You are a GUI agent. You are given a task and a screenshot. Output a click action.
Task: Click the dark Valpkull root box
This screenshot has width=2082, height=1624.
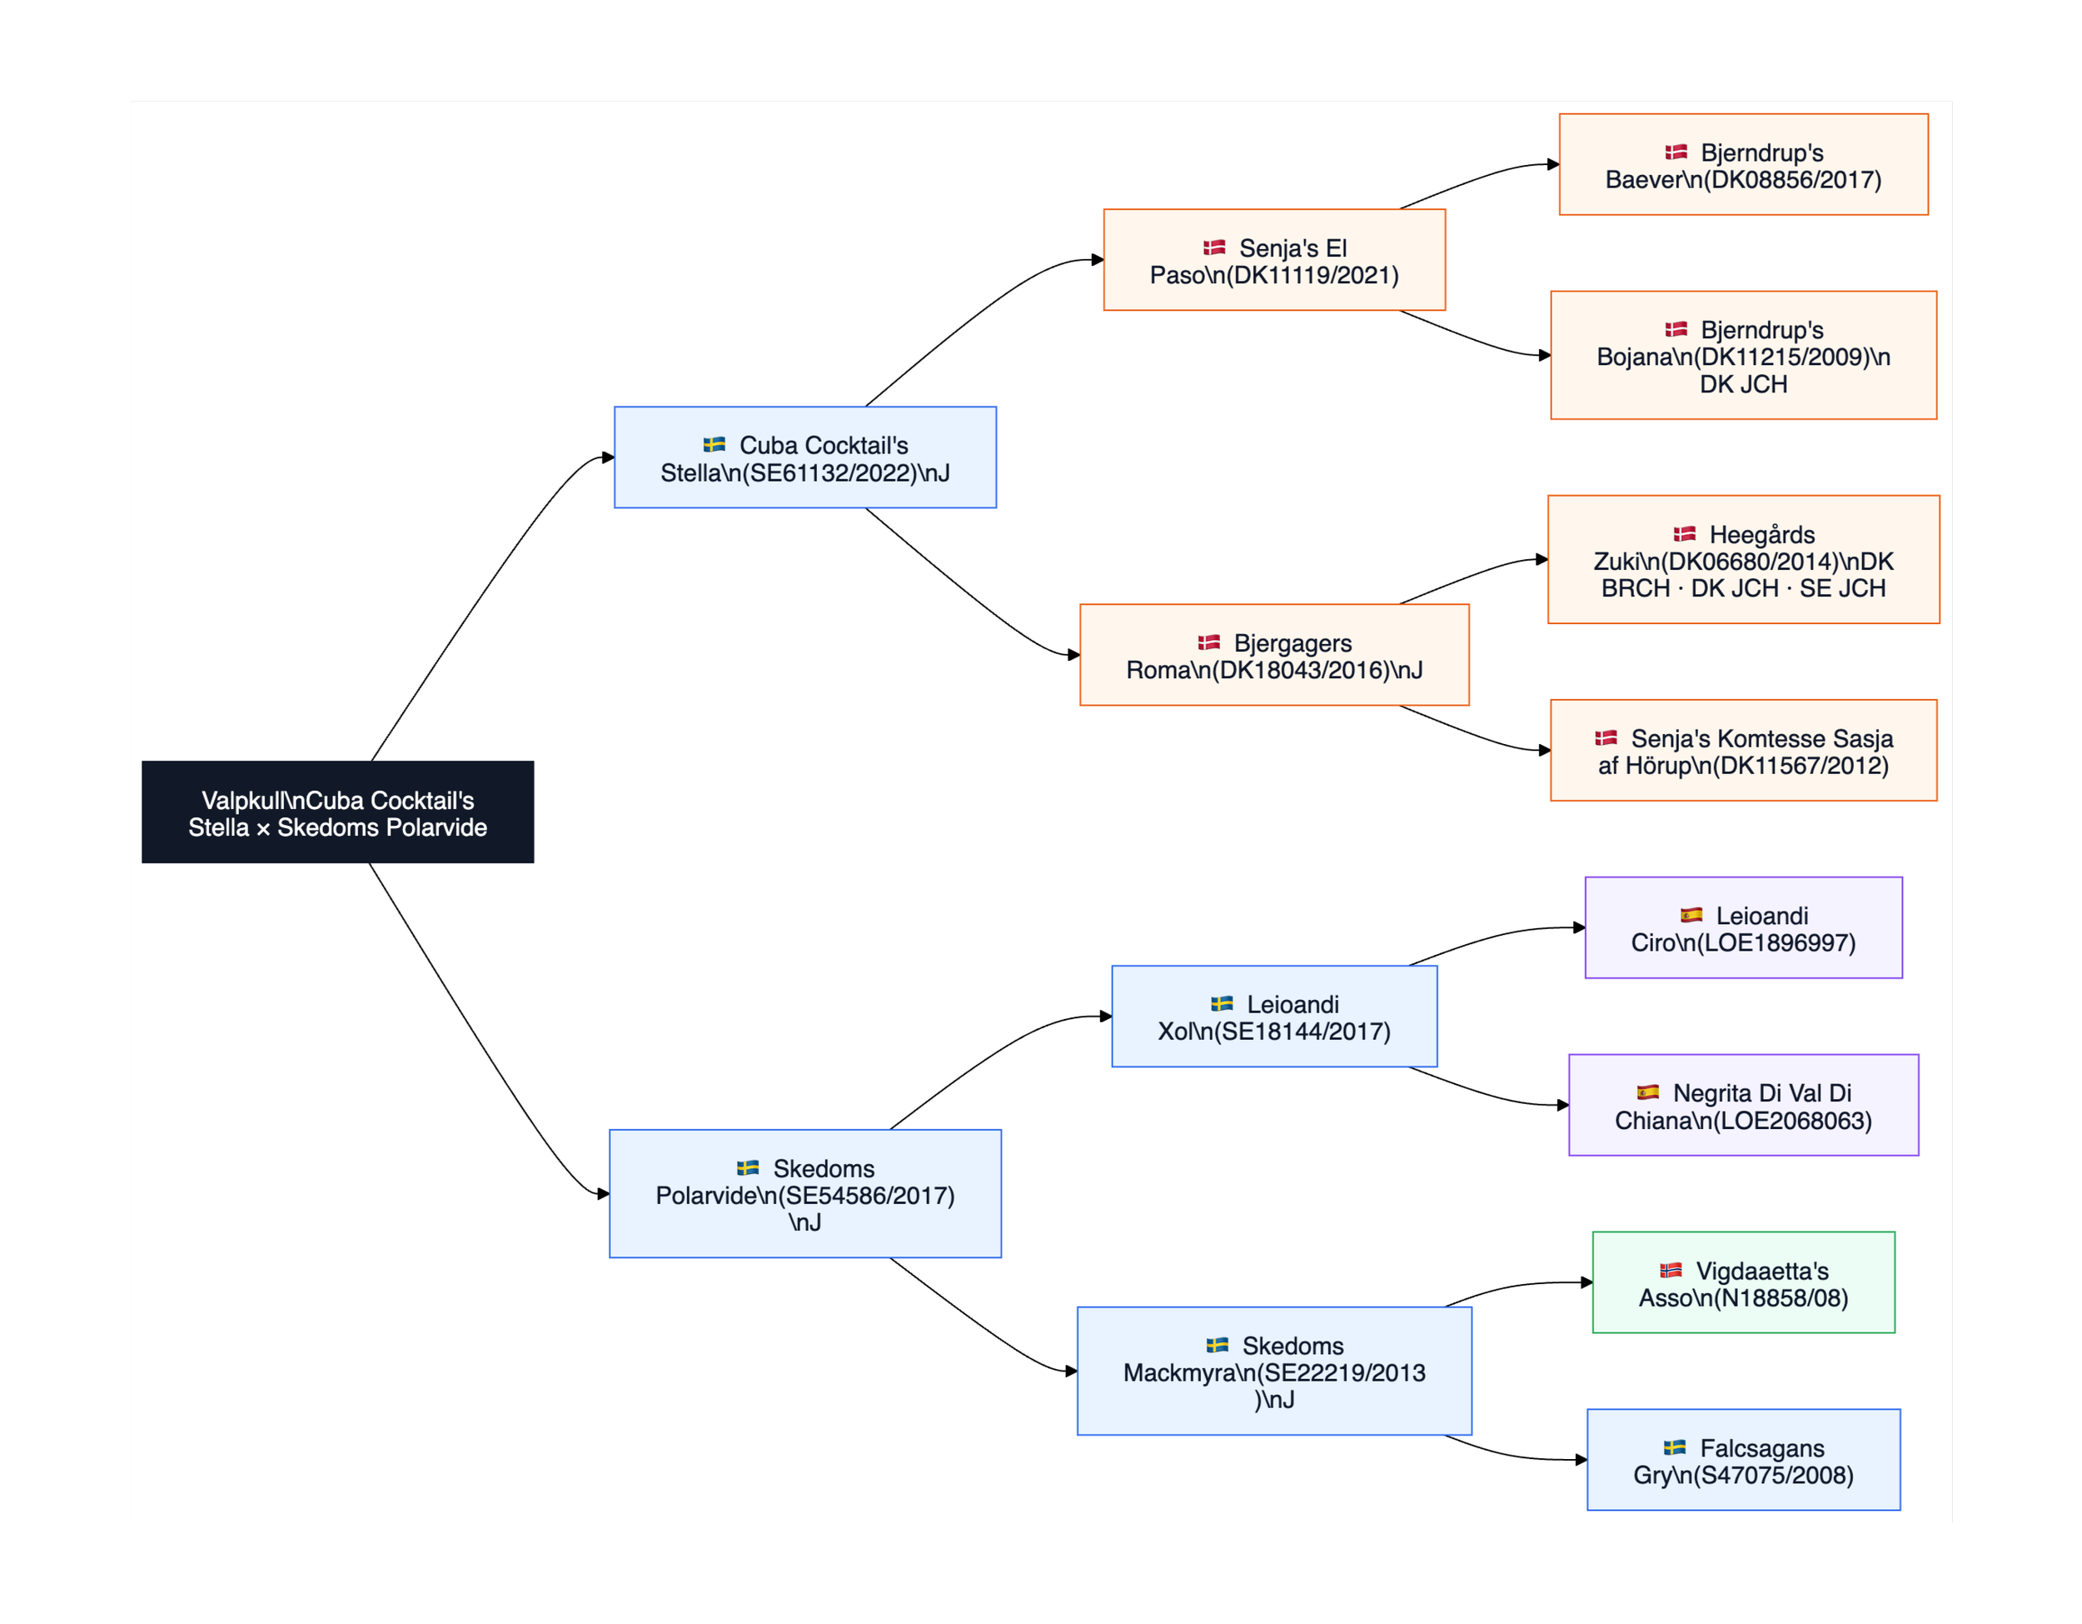tap(337, 812)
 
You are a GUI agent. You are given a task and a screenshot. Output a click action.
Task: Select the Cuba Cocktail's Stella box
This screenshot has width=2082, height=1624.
tap(804, 457)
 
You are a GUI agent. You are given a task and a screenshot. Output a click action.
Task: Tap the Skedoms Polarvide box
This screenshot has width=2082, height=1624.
tap(804, 1194)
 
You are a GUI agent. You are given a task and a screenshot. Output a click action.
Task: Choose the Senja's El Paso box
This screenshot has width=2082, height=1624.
tap(1273, 260)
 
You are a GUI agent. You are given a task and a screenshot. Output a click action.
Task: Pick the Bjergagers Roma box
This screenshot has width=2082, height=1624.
tap(1273, 655)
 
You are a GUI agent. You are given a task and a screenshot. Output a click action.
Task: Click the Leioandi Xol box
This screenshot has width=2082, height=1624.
tap(1273, 1017)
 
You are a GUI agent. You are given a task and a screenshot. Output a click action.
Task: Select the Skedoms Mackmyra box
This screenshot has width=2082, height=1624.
tap(1273, 1372)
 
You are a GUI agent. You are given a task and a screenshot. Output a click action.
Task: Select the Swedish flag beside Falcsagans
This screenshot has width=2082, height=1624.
tap(1674, 1447)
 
